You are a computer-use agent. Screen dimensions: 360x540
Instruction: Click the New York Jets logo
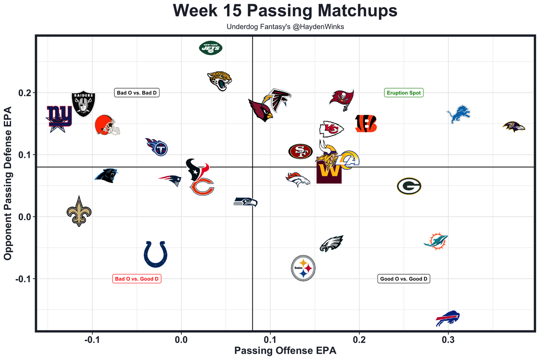click(x=211, y=48)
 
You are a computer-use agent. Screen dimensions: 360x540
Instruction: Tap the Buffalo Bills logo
click(x=448, y=318)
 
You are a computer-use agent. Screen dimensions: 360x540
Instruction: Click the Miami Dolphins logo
click(x=436, y=241)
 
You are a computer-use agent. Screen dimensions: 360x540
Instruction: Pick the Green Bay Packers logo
click(x=409, y=186)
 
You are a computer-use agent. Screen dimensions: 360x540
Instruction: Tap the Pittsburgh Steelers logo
click(x=303, y=268)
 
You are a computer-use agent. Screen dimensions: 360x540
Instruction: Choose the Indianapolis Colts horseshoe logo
click(x=155, y=254)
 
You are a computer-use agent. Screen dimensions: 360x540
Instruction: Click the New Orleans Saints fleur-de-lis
click(x=79, y=211)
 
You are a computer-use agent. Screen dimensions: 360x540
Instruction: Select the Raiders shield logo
click(x=83, y=104)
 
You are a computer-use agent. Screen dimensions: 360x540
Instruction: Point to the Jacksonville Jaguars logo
click(x=220, y=81)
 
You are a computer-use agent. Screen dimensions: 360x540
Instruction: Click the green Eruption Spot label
click(x=404, y=93)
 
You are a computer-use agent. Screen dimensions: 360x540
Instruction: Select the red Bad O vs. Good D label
click(x=138, y=279)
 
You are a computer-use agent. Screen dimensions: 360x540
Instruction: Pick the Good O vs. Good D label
click(x=404, y=279)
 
